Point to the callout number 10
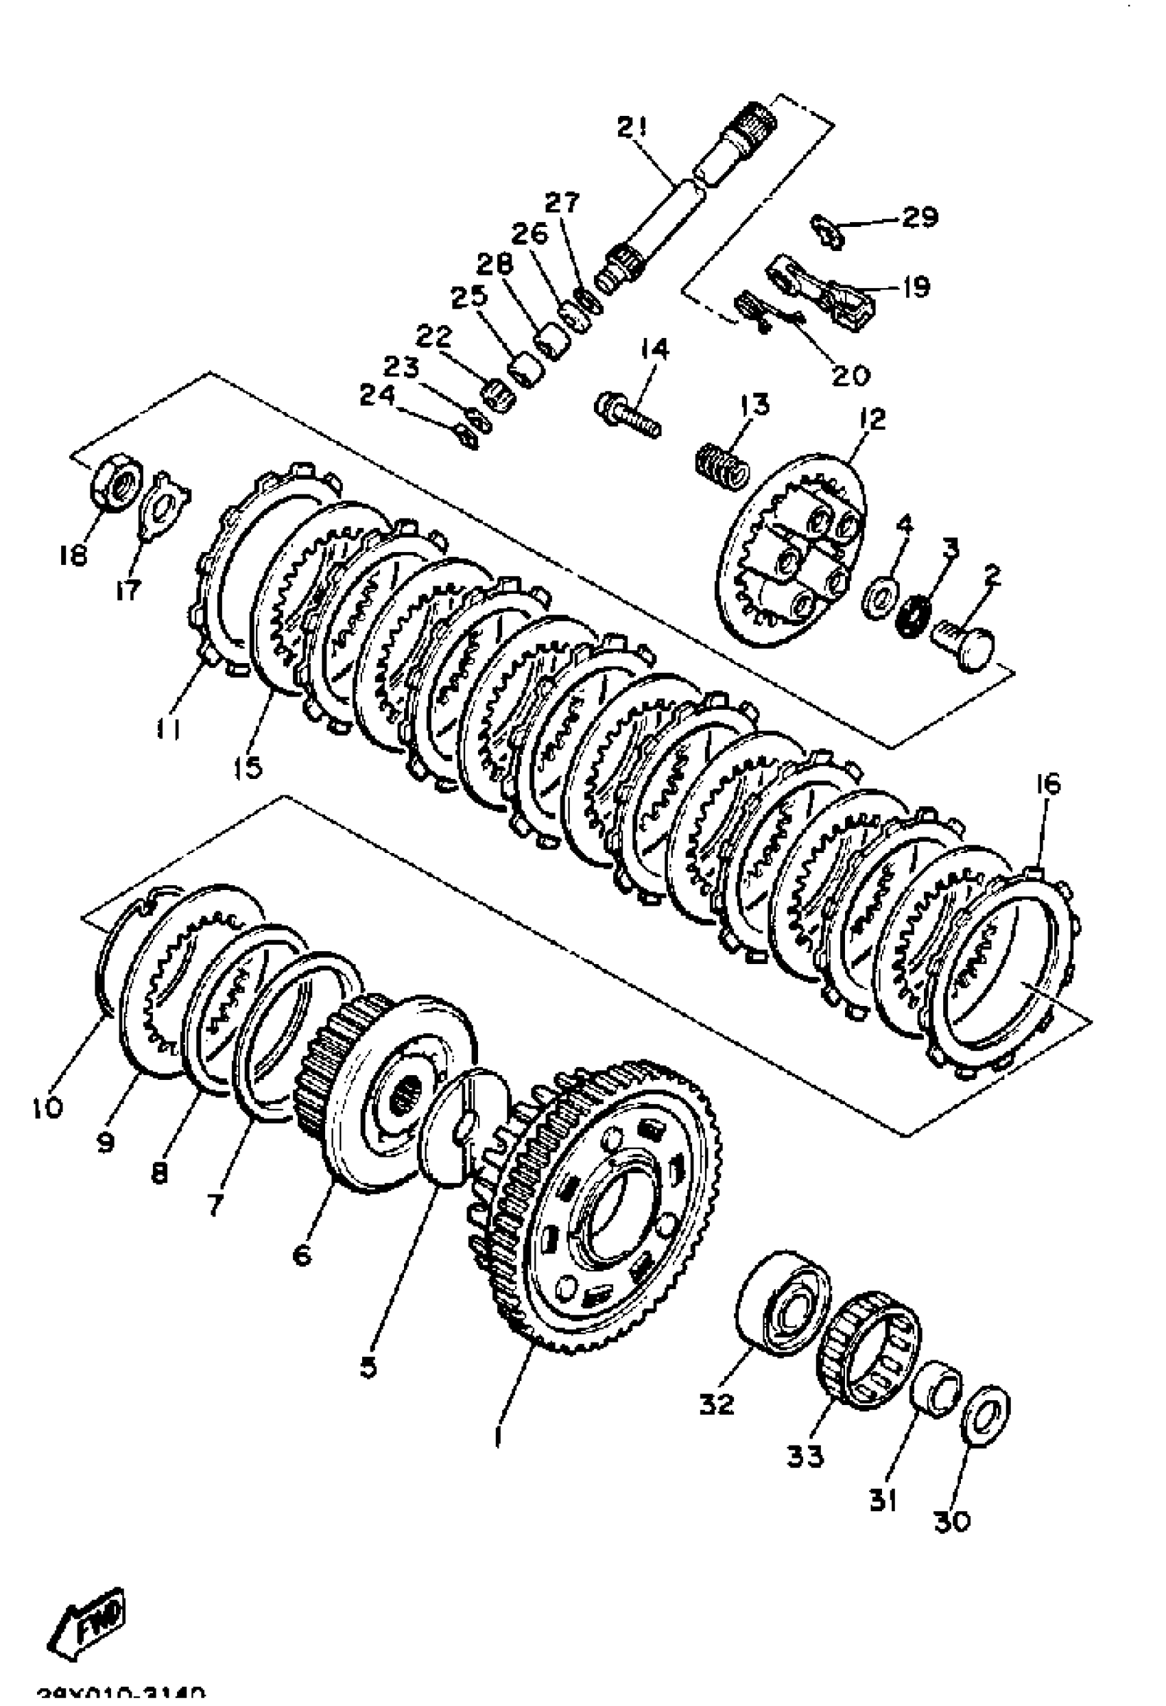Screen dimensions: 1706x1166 click(x=48, y=1106)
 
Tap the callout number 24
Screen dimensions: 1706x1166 click(x=377, y=396)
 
